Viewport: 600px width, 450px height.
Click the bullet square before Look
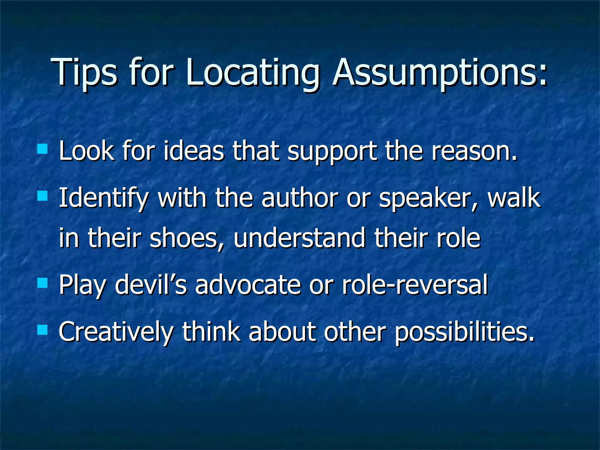pos(42,149)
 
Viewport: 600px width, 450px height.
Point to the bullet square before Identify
pos(42,196)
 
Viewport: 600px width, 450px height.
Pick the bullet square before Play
pos(42,283)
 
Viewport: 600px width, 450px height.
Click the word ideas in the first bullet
pos(194,151)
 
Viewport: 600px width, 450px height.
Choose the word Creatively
pos(116,332)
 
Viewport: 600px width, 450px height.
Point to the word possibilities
pos(464,332)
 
